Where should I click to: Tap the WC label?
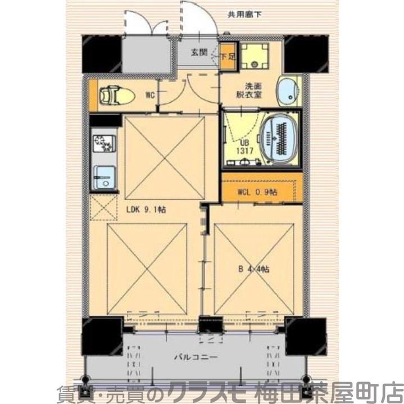[x=150, y=95]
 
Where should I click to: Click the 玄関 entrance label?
[x=198, y=52]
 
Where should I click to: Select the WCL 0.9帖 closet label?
[x=257, y=191]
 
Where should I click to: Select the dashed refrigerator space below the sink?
[x=103, y=207]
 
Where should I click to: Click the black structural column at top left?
[x=102, y=54]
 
